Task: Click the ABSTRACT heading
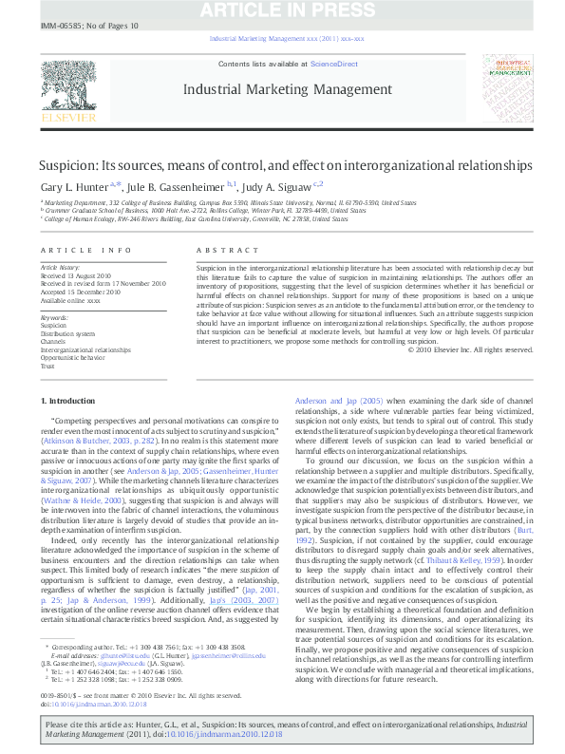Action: [219, 250]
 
